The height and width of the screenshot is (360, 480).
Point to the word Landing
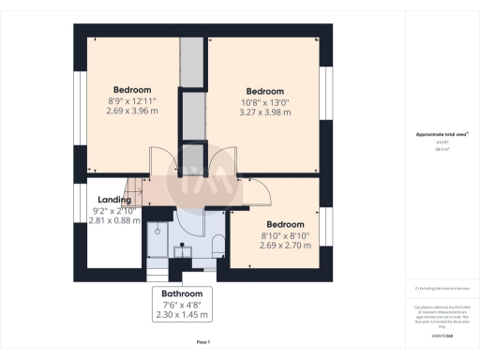[108, 198]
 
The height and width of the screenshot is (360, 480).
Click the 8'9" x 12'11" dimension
[132, 101]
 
